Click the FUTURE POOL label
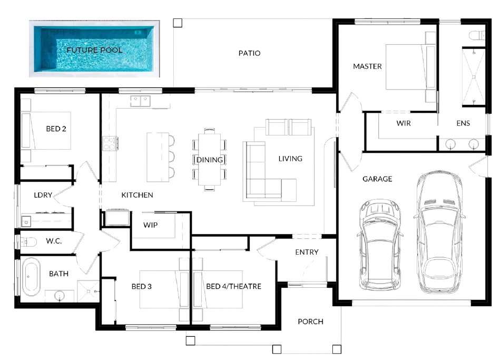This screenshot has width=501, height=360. click(94, 50)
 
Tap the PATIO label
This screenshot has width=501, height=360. click(249, 53)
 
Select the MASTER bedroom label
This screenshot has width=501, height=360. click(367, 66)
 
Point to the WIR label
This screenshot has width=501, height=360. click(403, 123)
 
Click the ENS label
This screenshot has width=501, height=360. click(463, 123)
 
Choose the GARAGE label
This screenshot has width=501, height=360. click(377, 179)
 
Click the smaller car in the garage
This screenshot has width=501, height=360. click(379, 245)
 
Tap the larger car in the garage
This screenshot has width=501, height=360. click(440, 232)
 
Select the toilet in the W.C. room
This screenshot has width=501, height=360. click(28, 242)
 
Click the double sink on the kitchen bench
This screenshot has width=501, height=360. click(140, 101)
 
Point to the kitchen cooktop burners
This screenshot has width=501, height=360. click(109, 143)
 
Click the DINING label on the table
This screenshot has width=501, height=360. click(210, 160)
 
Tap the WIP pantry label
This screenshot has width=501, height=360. click(150, 225)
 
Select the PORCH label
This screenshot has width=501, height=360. click(310, 322)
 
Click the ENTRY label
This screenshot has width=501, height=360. click(307, 252)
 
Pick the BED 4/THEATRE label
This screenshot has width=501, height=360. click(233, 286)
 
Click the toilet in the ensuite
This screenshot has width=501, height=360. click(477, 35)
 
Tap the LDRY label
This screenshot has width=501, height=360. click(43, 195)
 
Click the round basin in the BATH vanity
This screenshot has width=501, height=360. click(59, 296)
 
